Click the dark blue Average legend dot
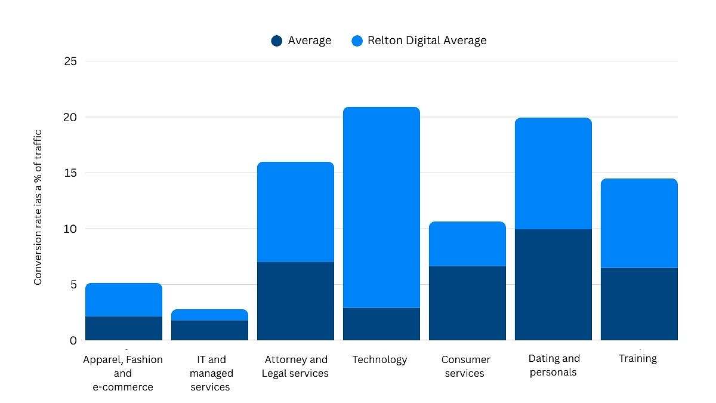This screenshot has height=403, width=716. [x=276, y=41]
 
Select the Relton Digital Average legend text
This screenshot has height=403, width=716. [x=427, y=41]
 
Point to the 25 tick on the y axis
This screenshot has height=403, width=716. [x=70, y=61]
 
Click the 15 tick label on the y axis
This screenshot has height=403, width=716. [x=70, y=173]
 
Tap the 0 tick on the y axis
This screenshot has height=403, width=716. [x=73, y=340]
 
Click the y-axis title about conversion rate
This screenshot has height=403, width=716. [x=38, y=207]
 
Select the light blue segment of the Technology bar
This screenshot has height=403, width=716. [x=381, y=207]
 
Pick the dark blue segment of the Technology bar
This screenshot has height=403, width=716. [x=381, y=324]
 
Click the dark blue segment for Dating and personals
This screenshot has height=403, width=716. [x=553, y=285]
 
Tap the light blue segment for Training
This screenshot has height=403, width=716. [x=639, y=223]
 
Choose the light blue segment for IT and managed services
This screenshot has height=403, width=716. [x=209, y=315]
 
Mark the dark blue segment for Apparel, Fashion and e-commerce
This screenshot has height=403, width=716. [x=124, y=328]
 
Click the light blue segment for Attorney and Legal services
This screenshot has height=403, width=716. [x=295, y=212]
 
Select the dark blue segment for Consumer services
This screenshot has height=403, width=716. [x=467, y=303]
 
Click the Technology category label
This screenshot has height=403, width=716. [x=379, y=359]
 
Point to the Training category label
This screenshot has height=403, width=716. [x=637, y=358]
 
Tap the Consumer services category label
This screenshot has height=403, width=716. [x=465, y=367]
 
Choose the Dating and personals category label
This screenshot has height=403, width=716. [x=554, y=365]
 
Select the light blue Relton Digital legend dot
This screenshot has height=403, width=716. [x=357, y=41]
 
